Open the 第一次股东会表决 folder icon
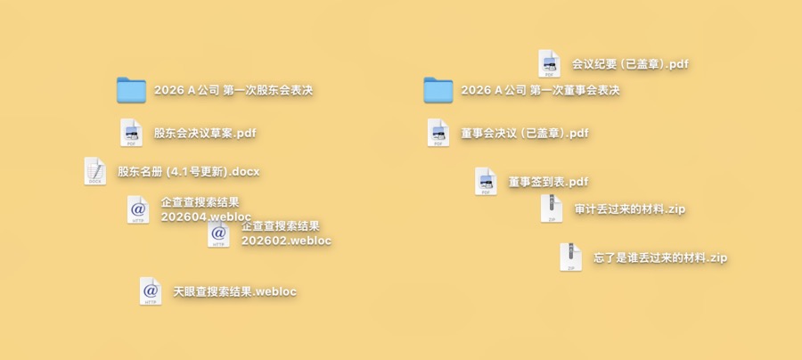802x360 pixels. point(132,91)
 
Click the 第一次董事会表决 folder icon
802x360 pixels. point(438,91)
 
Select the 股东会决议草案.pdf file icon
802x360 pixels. point(132,133)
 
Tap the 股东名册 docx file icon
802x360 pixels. point(95,171)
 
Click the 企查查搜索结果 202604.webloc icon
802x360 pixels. point(138,209)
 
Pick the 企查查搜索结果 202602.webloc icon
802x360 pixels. point(218,234)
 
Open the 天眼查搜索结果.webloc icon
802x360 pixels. point(151,291)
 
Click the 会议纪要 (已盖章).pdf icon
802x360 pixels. point(549,64)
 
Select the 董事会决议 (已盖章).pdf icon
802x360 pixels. point(438,133)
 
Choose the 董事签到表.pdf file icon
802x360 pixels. point(486,182)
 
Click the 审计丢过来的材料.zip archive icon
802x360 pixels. point(552,209)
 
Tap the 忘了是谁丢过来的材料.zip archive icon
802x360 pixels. point(571,258)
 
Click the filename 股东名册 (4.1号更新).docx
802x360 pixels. point(189,172)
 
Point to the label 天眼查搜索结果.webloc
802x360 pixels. point(234,292)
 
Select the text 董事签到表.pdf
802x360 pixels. point(548,182)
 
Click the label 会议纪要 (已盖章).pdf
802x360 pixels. point(630,64)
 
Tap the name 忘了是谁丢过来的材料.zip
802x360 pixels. point(660,258)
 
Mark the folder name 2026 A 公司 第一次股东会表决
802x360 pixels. point(233,91)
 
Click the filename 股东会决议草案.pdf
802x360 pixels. point(205,134)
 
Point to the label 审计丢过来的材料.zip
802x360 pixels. point(630,209)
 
